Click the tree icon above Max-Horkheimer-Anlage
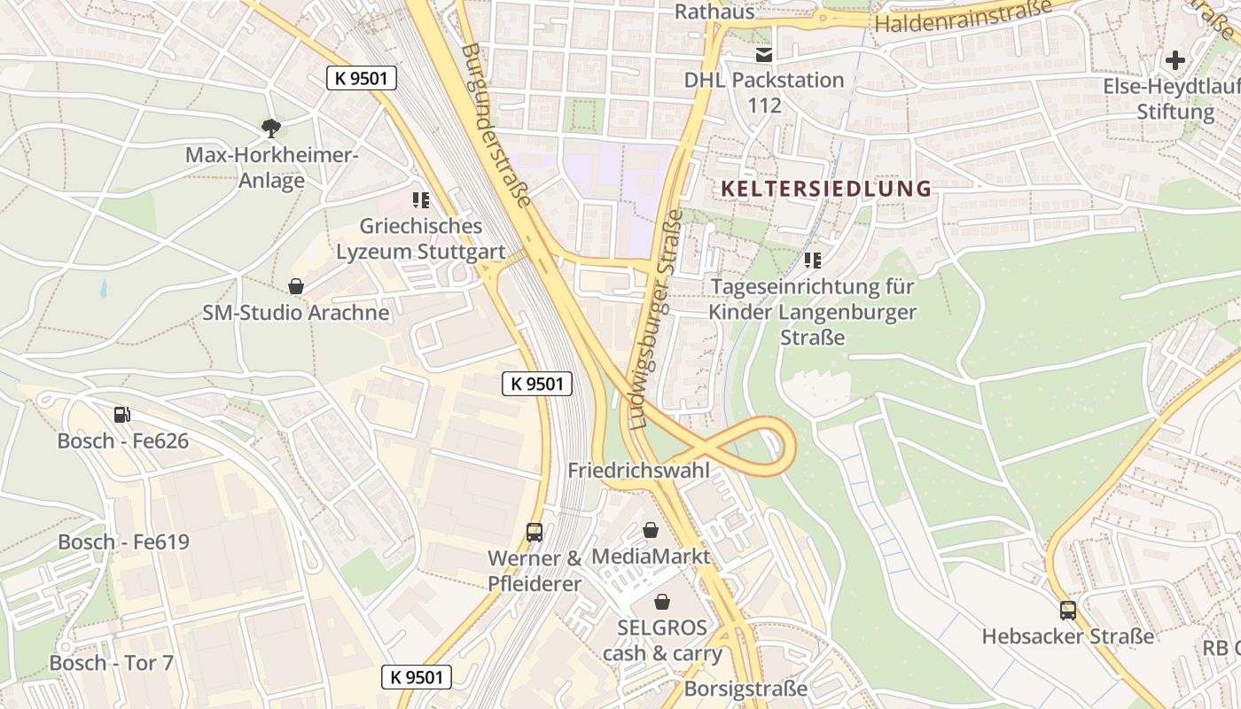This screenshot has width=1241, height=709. (271, 129)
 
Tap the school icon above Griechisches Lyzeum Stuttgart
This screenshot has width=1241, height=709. (421, 200)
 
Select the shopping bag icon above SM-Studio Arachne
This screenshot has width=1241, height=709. (296, 286)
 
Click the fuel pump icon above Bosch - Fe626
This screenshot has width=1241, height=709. (122, 414)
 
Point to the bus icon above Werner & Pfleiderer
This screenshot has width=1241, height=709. (535, 532)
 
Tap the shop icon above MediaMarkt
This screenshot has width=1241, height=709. (651, 530)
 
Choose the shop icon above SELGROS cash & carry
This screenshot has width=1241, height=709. (661, 603)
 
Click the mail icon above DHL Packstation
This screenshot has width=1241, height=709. (764, 55)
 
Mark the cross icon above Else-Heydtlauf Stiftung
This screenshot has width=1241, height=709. (1175, 60)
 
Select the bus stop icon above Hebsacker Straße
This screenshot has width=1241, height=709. (1068, 610)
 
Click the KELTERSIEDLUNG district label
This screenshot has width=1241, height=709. (826, 189)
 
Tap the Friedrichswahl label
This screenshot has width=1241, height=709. (639, 470)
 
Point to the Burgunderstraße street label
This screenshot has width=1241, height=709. (496, 124)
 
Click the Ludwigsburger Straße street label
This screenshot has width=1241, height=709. (657, 319)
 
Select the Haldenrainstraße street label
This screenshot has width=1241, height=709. (963, 15)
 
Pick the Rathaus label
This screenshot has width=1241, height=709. (714, 12)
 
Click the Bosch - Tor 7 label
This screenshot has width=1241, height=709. (112, 663)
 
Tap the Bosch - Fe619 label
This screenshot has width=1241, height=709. (124, 541)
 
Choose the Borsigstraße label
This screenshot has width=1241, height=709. (745, 689)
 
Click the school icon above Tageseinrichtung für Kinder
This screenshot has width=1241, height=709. (813, 261)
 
